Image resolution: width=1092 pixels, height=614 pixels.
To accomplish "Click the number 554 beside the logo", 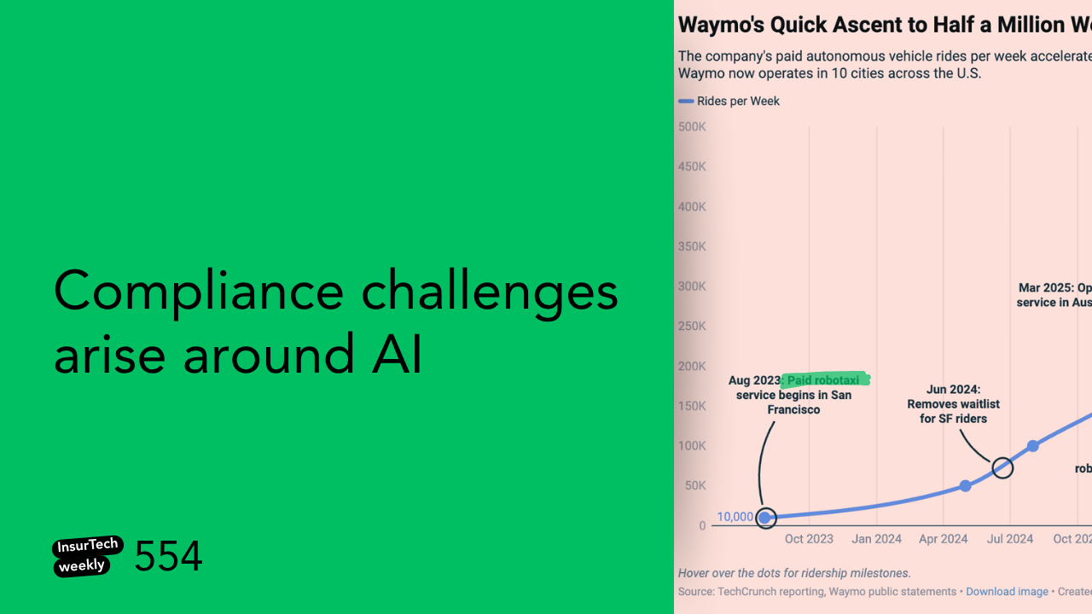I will coord(168,557).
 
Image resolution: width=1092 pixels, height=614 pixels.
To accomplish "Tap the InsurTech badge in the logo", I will coord(88,546).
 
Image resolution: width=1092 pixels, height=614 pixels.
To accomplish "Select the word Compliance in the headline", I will coord(198,292).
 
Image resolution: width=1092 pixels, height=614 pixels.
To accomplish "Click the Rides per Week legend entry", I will coord(738,101).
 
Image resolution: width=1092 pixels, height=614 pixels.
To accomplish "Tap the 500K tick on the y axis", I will coord(692,127).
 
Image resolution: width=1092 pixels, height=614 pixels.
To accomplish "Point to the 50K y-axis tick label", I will coord(694,486).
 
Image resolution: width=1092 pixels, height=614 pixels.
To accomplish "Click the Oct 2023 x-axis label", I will coord(809,539).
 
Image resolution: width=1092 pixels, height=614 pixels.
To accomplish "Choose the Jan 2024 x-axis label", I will coord(876,539).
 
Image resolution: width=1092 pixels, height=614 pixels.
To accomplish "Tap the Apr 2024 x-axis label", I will coord(943,539).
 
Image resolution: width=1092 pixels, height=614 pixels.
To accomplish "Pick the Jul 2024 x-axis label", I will coord(1010,539).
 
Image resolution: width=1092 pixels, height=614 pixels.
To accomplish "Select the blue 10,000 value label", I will coord(735,517).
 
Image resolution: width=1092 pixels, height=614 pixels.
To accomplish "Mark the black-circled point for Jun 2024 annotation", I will coord(1002,467).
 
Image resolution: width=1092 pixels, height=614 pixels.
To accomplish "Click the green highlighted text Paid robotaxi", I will coord(828,380).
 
